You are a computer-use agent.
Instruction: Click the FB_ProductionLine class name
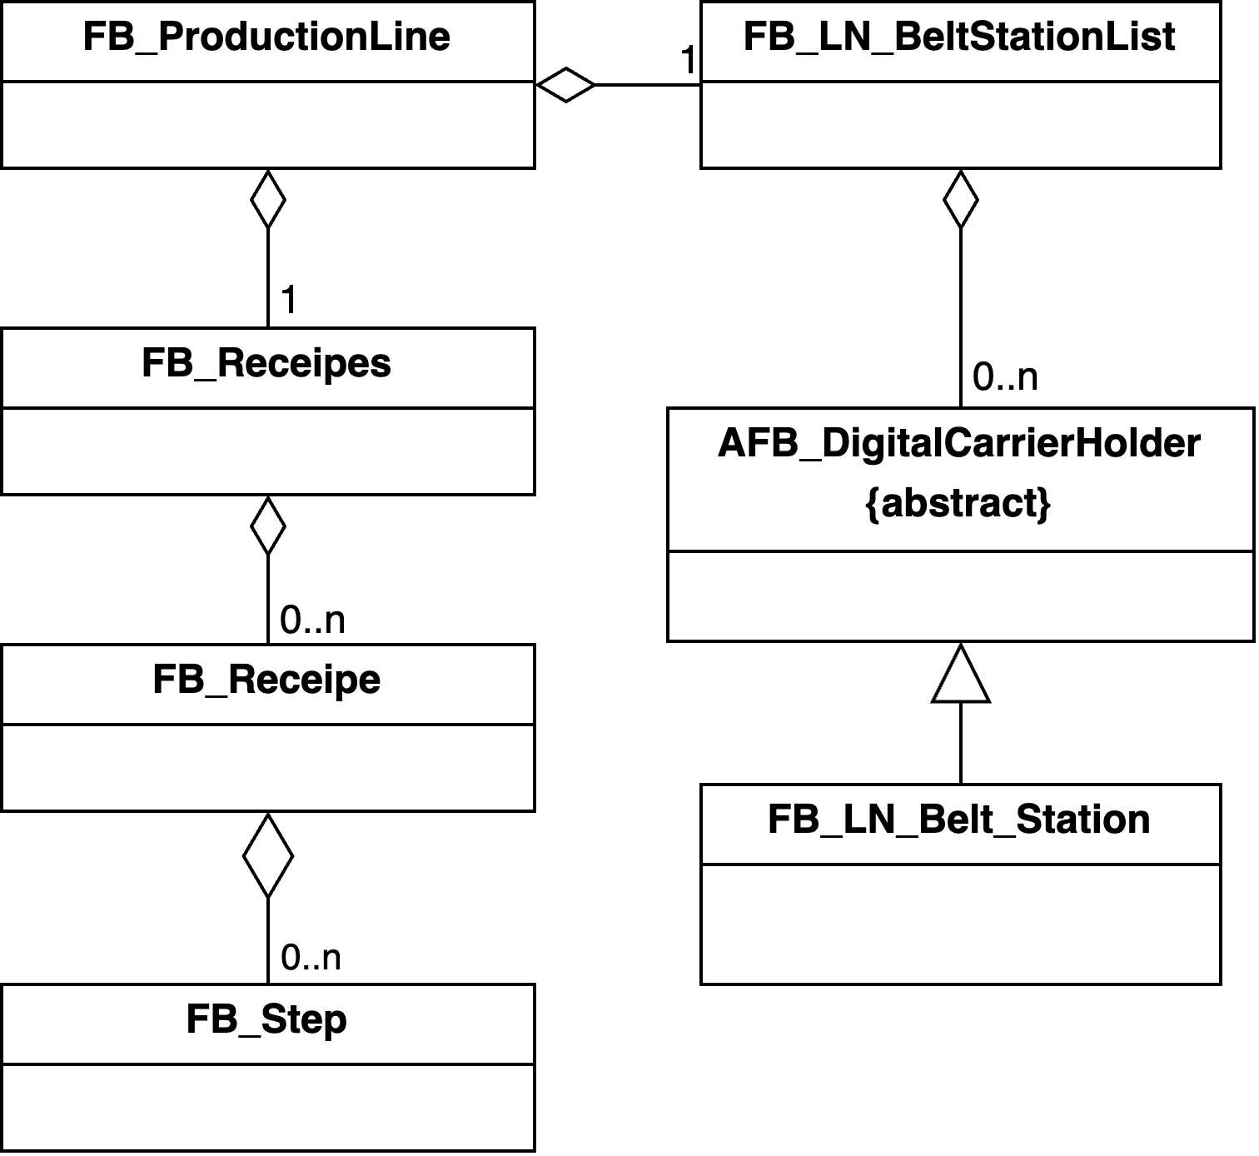click(266, 37)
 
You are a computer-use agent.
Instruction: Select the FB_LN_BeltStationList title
click(959, 37)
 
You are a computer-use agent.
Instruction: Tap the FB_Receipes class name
click(266, 364)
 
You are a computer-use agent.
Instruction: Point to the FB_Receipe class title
click(266, 680)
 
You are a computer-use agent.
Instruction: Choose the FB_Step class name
click(266, 1020)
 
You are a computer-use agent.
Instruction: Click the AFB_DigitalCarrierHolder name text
click(959, 444)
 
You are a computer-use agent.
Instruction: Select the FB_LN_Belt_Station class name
click(959, 820)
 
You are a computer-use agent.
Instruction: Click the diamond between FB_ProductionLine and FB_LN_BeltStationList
click(566, 84)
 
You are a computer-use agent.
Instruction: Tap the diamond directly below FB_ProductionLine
click(268, 199)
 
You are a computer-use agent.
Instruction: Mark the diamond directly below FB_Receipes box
click(268, 526)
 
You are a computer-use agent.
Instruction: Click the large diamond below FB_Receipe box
click(268, 855)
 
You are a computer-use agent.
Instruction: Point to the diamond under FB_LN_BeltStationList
click(961, 199)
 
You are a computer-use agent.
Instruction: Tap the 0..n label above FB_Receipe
click(312, 620)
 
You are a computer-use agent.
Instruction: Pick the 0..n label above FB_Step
click(311, 958)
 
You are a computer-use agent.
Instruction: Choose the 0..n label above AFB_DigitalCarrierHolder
click(1005, 378)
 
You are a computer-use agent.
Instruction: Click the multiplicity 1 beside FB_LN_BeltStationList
click(689, 61)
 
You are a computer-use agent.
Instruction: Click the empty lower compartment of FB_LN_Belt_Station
click(961, 924)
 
